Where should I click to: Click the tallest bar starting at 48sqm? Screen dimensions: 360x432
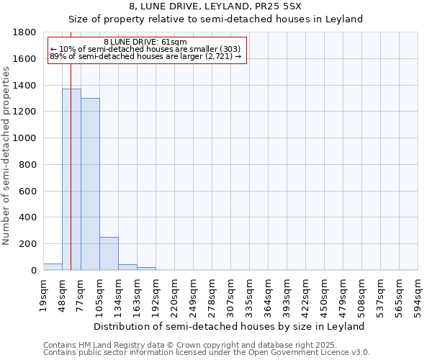click(x=71, y=180)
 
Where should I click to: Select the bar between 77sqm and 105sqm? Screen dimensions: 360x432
click(x=90, y=184)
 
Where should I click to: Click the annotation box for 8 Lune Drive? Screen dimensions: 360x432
click(x=146, y=49)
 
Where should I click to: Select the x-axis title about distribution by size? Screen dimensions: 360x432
click(x=230, y=326)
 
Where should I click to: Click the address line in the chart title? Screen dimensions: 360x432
click(x=215, y=6)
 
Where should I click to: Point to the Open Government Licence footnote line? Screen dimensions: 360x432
click(x=207, y=353)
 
